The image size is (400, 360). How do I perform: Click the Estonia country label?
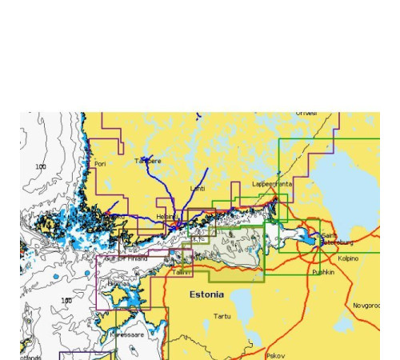[x=206, y=294]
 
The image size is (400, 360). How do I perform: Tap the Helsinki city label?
[x=166, y=216]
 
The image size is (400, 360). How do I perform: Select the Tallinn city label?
[x=182, y=272]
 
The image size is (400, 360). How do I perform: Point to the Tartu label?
[x=222, y=316]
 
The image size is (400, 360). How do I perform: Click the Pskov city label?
[x=275, y=354]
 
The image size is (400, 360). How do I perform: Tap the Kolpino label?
[x=348, y=258]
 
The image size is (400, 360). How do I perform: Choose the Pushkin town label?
[x=323, y=272]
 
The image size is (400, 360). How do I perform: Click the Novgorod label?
[x=366, y=305]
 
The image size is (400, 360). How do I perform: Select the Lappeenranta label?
[x=272, y=183]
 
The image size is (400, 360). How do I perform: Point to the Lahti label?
[x=198, y=189]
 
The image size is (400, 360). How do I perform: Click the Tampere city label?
[x=148, y=161]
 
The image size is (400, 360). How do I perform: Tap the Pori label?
[x=100, y=164]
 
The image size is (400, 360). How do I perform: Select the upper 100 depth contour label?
[x=41, y=166]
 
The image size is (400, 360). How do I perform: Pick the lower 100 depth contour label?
[x=66, y=301]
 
